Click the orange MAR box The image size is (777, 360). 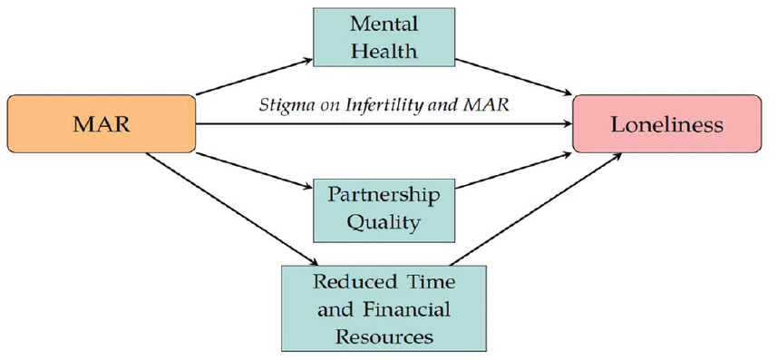(x=101, y=123)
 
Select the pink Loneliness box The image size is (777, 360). (x=666, y=123)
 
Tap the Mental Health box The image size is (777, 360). (x=384, y=37)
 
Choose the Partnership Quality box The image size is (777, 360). (x=384, y=210)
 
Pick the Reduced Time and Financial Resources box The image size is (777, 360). (x=384, y=309)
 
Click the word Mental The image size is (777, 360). (x=384, y=24)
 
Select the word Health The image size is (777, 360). (x=384, y=51)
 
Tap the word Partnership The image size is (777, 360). (x=384, y=196)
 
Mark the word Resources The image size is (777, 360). (x=384, y=337)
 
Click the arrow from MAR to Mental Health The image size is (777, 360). (x=255, y=77)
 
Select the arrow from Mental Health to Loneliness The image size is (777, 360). (x=514, y=77)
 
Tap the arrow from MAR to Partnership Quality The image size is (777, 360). (x=255, y=171)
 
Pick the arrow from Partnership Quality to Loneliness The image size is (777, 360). (x=514, y=171)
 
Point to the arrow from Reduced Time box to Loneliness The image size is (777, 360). (x=535, y=209)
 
